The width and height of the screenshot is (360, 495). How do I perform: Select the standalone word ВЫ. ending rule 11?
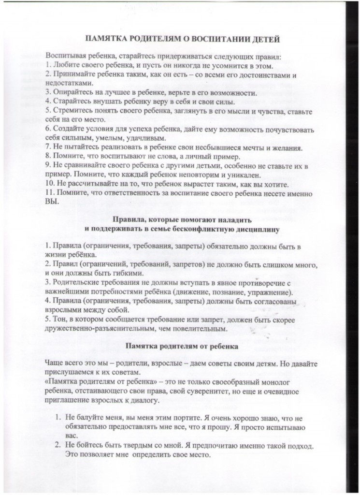pyautogui.click(x=52, y=202)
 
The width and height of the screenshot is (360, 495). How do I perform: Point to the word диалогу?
pyautogui.click(x=142, y=399)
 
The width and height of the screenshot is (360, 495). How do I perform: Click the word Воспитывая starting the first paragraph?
pyautogui.click(x=67, y=57)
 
